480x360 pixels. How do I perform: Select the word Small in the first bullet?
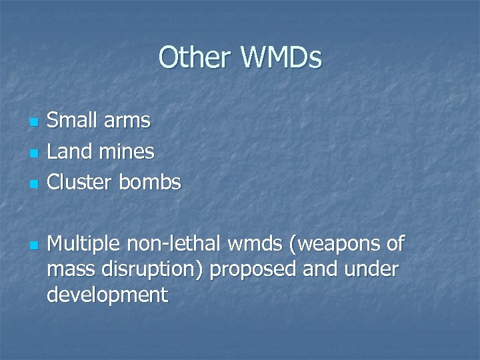(x=70, y=121)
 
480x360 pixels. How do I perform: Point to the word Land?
(x=69, y=151)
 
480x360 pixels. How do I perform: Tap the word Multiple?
(x=84, y=245)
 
